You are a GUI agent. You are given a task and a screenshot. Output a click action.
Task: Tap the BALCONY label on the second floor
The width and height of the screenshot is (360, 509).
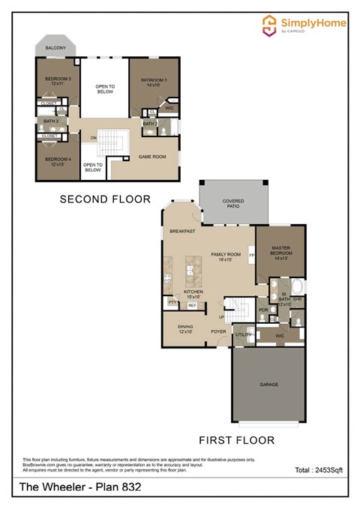point(55,48)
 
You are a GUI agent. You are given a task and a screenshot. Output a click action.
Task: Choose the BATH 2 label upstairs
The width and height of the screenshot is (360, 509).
point(150,123)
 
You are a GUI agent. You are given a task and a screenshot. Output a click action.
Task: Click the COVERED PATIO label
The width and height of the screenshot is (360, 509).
point(233,203)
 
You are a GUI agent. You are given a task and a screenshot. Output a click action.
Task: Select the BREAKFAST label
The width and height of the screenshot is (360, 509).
point(183,232)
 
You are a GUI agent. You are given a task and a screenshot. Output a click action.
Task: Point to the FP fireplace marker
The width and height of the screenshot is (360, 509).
point(252,256)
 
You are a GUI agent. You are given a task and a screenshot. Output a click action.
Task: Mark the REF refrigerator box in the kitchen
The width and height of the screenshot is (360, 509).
point(193,305)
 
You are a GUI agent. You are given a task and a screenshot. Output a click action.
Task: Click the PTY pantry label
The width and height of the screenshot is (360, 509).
point(172,302)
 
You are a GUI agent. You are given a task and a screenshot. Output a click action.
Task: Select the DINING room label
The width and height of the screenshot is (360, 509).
point(185,328)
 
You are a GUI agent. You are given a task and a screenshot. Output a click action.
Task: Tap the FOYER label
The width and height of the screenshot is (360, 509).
point(218,331)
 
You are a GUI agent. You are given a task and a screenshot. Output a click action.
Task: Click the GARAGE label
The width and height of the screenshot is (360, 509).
point(268,385)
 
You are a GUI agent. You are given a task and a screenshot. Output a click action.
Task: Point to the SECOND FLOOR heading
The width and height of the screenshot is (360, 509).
point(105,199)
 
